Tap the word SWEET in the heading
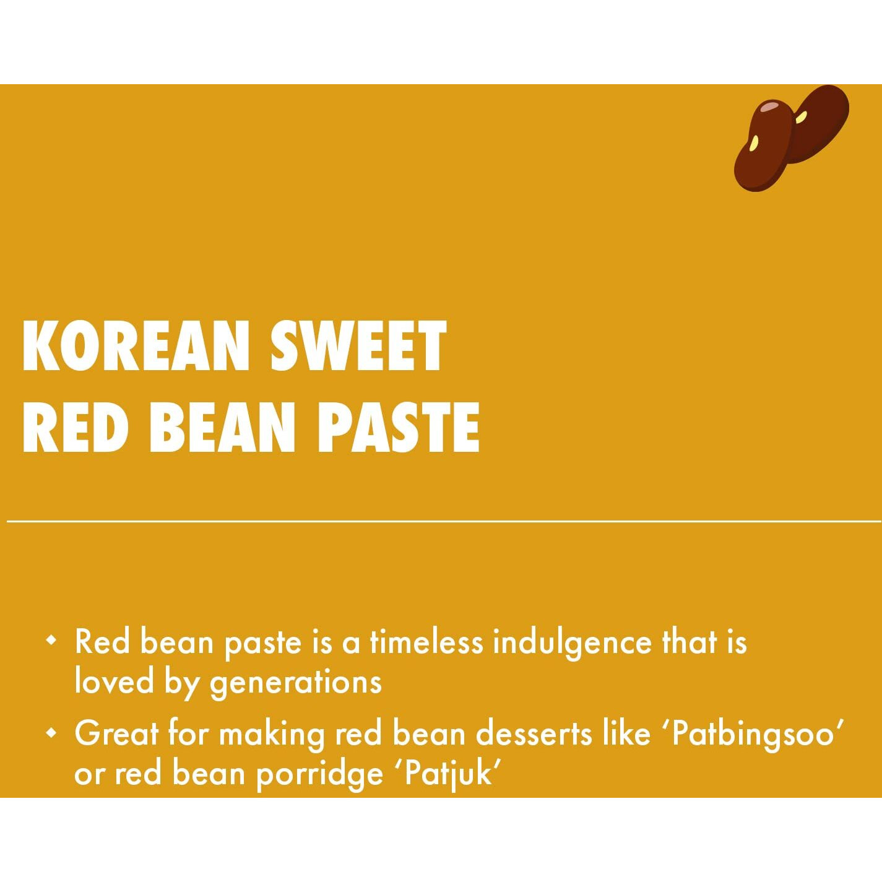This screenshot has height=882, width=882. coord(358,346)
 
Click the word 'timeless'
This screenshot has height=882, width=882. coord(426,642)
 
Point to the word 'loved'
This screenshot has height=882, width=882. coord(114,681)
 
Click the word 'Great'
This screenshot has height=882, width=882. coord(116,733)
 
